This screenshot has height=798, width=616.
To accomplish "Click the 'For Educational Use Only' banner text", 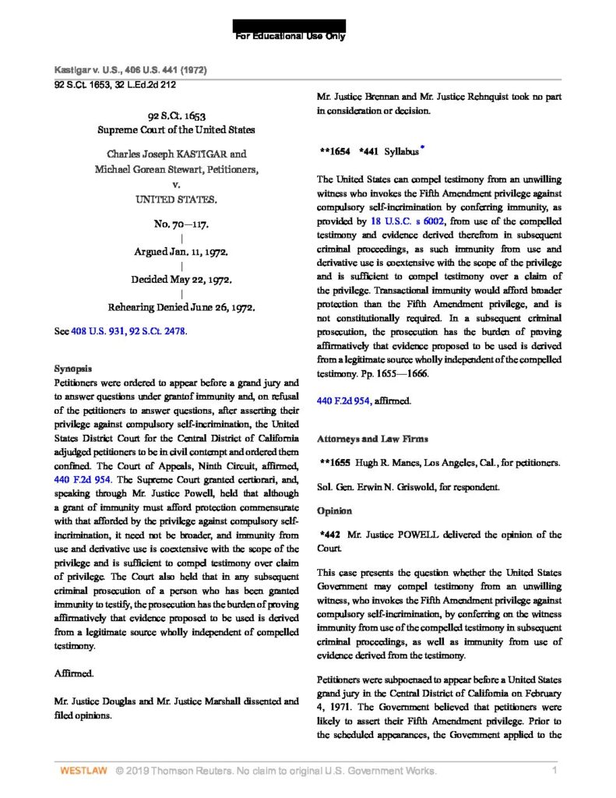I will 290,37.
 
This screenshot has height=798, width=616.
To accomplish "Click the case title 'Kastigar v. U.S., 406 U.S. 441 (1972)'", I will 129,70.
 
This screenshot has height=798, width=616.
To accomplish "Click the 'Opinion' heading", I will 336,510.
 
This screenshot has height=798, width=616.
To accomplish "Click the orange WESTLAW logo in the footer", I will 83,772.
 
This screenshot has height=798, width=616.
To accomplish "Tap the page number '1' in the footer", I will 554,772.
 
